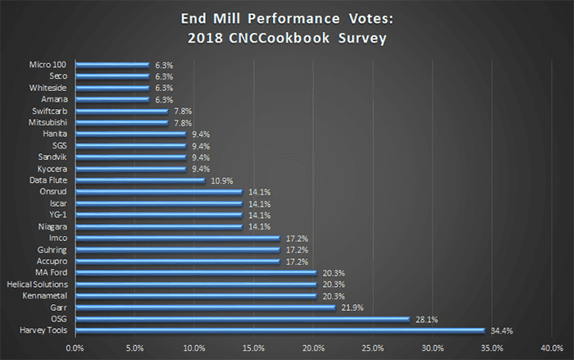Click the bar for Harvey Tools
click(280, 330)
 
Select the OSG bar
click(242, 319)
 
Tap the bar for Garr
click(205, 308)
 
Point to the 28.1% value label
click(423, 319)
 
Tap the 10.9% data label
click(219, 180)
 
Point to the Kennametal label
click(45, 295)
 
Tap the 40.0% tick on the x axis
click(550, 347)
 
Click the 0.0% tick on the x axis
click(75, 347)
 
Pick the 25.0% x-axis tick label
click(372, 347)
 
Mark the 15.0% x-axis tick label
click(253, 347)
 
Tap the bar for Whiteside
click(112, 87)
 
